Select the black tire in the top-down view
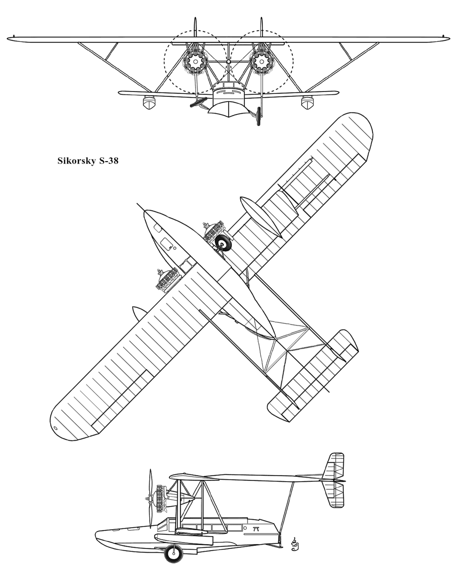[x=223, y=243]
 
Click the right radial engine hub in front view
[x=262, y=62]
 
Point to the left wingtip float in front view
[x=149, y=102]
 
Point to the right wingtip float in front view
[x=308, y=102]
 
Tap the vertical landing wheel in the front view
[x=259, y=116]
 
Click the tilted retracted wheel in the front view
[x=199, y=102]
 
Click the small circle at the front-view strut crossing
[x=229, y=62]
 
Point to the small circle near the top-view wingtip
[x=56, y=428]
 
